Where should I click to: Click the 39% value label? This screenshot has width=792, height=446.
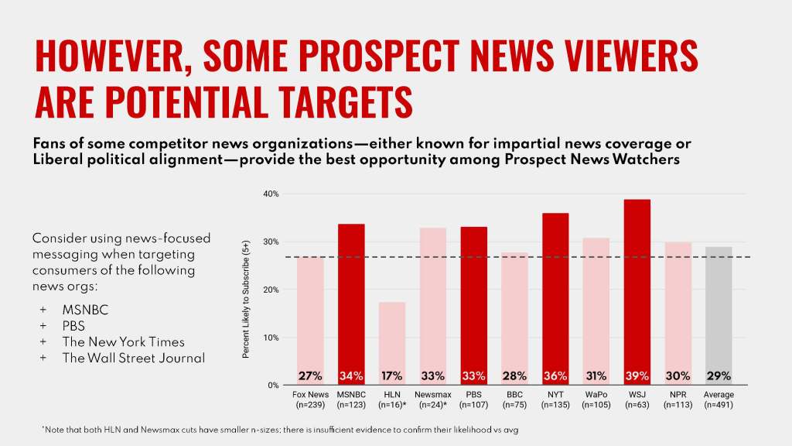tap(637, 376)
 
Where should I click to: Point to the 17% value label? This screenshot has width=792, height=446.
tap(391, 376)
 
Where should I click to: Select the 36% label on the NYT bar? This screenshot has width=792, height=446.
tap(555, 376)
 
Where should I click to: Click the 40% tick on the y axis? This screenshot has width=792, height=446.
tap(270, 194)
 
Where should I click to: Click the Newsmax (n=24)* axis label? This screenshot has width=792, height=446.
tap(432, 400)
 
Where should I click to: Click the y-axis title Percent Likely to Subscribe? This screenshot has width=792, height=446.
tap(246, 298)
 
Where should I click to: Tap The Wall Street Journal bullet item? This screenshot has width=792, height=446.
tap(134, 358)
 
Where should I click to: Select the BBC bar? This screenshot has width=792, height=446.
tap(514, 318)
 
